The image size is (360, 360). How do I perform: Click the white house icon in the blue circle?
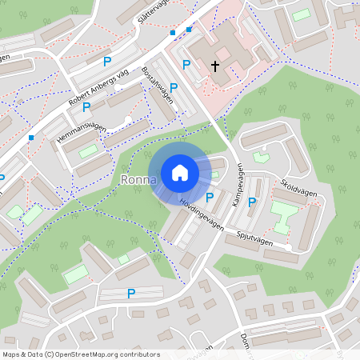pyautogui.click(x=180, y=172)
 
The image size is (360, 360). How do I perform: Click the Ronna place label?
pyautogui.click(x=138, y=179)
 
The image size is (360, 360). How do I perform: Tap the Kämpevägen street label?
pyautogui.click(x=238, y=186)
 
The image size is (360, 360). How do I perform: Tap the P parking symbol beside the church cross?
pyautogui.click(x=186, y=65)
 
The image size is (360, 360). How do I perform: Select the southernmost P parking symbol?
pyautogui.click(x=130, y=294)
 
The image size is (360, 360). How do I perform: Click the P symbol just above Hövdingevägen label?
pyautogui.click(x=210, y=198)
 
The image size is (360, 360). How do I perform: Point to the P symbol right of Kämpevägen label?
pyautogui.click(x=252, y=202)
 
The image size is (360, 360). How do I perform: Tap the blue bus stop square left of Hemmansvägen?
pyautogui.click(x=31, y=138)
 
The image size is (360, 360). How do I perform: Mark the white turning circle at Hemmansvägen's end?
pyautogui.click(x=128, y=120)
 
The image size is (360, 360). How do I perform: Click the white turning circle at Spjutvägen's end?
pyautogui.click(x=288, y=247)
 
